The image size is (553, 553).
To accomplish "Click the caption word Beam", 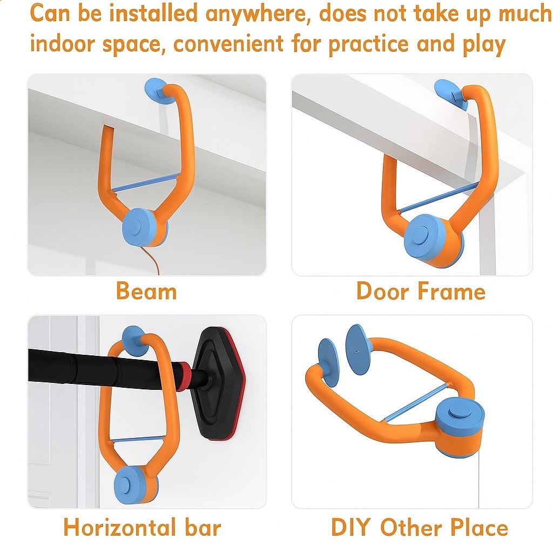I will [146, 292].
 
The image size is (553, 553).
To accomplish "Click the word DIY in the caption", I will [352, 527].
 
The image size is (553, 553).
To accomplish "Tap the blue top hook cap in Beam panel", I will [155, 89].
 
